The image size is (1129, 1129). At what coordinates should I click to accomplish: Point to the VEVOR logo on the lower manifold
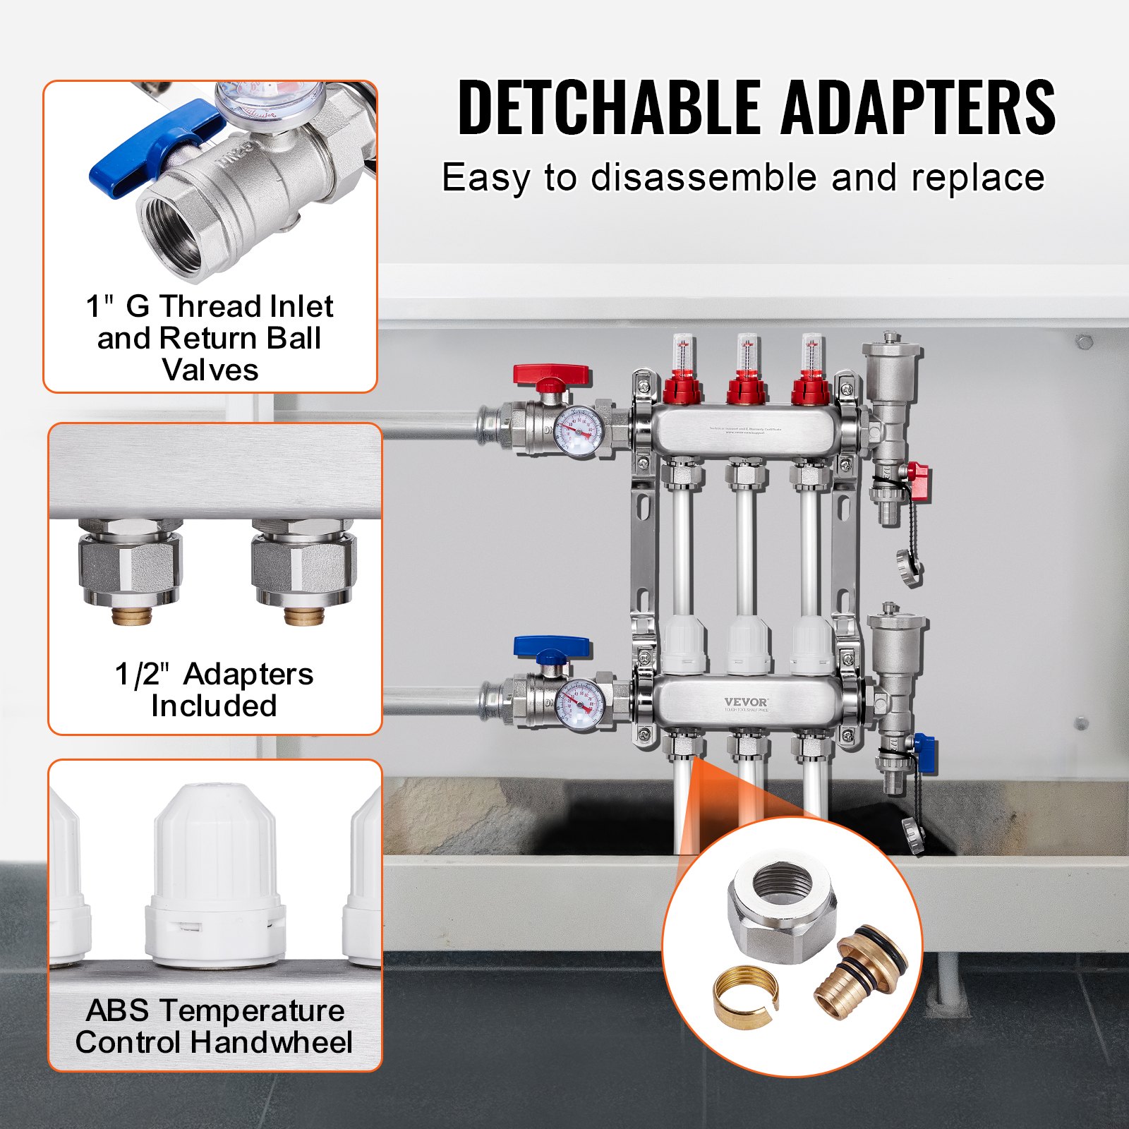click(746, 702)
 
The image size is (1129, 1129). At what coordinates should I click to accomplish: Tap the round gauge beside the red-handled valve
click(579, 431)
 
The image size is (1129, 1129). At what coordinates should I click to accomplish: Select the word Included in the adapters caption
click(214, 706)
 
